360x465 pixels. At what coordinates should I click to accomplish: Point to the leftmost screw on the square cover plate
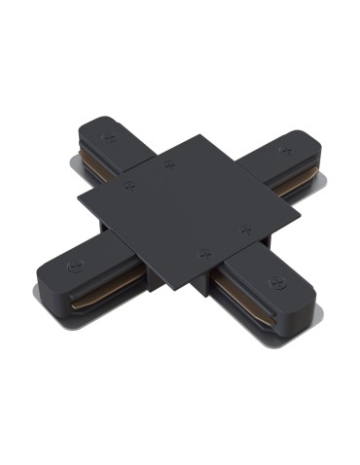point(128,184)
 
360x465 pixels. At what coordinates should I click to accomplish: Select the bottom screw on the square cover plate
point(203,252)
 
